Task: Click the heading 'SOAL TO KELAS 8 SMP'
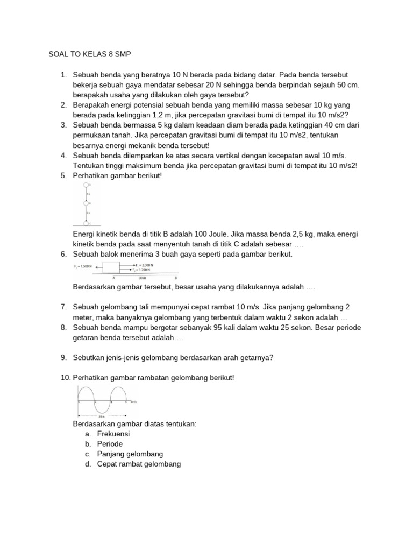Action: point(90,55)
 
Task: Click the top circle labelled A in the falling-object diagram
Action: point(85,185)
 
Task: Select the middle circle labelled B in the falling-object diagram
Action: point(85,203)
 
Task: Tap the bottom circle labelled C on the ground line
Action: point(85,222)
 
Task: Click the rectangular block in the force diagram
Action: point(111,267)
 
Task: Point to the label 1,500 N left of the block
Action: point(83,266)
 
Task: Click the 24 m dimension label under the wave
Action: point(101,417)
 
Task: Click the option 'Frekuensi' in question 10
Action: point(113,434)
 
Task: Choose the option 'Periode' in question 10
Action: point(110,444)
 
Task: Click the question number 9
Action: point(63,356)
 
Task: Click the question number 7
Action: point(63,307)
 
